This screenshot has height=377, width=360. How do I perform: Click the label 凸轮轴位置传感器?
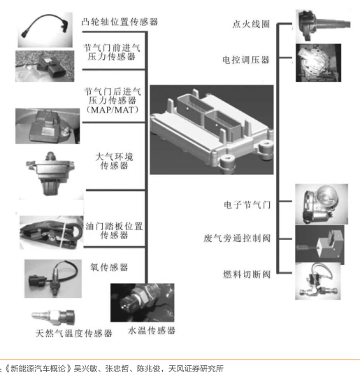120,22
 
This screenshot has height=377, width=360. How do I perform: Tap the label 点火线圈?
251,24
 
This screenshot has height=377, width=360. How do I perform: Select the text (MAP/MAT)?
113,110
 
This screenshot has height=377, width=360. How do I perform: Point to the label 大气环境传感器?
114,161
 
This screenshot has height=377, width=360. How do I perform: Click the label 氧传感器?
109,267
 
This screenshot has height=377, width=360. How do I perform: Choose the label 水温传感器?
152,330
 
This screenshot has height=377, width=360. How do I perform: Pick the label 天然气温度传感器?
74,333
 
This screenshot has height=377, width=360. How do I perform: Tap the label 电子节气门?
247,205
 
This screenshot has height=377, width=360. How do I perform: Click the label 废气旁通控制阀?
237,239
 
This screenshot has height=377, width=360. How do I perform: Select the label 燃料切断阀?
247,274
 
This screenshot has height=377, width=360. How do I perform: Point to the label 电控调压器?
246,59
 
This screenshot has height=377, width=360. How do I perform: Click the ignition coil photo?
323,25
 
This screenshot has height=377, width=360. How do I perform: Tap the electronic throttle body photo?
322,204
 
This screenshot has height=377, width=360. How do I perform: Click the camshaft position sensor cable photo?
45,30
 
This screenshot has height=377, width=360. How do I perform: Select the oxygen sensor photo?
53,278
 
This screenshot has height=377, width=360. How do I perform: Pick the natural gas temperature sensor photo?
53,316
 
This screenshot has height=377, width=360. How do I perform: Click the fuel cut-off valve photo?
317,281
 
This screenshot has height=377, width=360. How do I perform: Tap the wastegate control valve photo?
319,244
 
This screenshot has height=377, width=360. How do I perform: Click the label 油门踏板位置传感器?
114,231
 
